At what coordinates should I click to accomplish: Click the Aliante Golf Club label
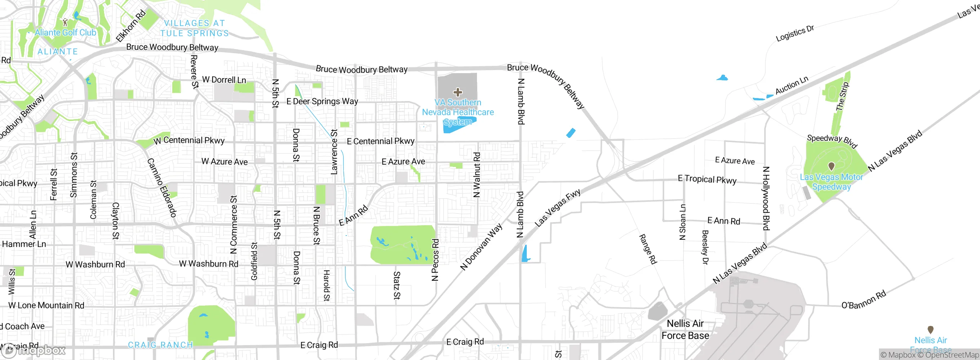[65, 33]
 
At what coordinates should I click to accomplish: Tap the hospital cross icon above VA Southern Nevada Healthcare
[457, 92]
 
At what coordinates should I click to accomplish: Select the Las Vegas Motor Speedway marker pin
[831, 166]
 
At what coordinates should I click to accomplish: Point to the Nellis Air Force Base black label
[685, 329]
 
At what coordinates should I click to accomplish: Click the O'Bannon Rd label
[864, 300]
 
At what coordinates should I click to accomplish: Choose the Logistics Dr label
[795, 34]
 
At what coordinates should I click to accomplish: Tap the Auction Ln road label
[792, 85]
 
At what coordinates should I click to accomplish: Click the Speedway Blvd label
[832, 141]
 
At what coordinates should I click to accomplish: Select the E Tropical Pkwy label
[707, 179]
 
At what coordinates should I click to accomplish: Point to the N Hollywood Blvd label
[766, 198]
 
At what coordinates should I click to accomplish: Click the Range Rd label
[648, 249]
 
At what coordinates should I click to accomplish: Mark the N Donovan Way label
[481, 247]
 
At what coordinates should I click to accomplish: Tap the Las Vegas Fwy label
[557, 208]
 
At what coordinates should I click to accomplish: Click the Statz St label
[397, 285]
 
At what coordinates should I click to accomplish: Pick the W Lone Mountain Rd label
[46, 305]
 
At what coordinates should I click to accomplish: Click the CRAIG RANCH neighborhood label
[160, 345]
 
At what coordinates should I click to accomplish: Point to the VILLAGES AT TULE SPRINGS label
[194, 28]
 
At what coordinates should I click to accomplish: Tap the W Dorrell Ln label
[224, 80]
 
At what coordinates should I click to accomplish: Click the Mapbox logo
[34, 350]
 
